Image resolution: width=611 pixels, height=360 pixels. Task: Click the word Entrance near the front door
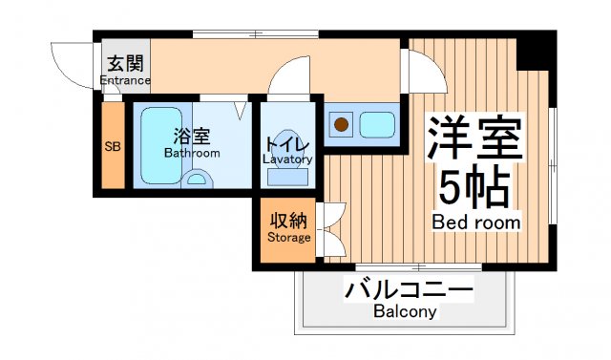(125, 81)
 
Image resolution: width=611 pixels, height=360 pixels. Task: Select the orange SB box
(113, 147)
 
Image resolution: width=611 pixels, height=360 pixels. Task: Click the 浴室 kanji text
(191, 136)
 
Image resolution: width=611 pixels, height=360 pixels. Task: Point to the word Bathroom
(191, 153)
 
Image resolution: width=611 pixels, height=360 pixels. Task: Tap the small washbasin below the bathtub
(197, 179)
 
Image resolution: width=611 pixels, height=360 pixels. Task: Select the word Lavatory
(287, 159)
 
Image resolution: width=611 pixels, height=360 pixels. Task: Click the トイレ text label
(287, 143)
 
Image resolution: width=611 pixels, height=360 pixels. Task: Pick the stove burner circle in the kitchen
(342, 123)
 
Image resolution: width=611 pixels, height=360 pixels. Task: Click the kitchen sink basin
(378, 123)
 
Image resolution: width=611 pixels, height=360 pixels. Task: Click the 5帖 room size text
(474, 187)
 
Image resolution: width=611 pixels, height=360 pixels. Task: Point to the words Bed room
(476, 222)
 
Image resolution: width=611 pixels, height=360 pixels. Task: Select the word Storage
(288, 237)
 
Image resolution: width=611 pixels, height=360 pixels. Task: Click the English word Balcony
(405, 311)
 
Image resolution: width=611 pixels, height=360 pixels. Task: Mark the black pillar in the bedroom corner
(535, 51)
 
